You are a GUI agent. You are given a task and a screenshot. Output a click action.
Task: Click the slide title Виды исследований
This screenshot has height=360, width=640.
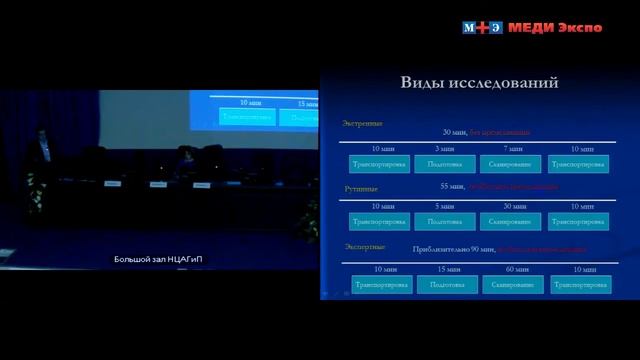pos(479,83)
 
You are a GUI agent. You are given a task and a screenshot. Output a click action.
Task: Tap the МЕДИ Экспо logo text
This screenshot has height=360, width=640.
pos(554,27)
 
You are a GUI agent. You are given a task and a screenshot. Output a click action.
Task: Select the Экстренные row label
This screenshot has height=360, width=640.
pos(362,124)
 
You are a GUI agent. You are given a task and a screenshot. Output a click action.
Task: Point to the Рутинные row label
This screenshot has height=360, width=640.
pos(360,186)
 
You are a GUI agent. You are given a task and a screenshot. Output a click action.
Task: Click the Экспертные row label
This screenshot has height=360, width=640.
pos(363,244)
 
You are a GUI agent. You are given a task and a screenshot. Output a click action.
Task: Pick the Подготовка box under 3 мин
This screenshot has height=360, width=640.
pos(445,162)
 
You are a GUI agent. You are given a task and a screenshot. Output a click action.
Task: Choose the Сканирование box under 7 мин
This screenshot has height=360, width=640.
pos(511,162)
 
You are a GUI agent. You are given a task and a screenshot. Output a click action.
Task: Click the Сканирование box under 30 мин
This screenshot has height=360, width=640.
pos(511,221)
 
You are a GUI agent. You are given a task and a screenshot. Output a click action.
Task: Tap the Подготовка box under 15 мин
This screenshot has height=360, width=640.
pos(445,285)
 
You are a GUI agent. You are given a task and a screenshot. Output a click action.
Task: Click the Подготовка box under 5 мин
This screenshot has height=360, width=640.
pos(445,221)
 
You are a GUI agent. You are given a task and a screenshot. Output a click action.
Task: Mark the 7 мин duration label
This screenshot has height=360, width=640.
pos(511,148)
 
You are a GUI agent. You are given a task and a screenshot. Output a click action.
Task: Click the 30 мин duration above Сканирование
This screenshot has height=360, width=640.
pos(511,206)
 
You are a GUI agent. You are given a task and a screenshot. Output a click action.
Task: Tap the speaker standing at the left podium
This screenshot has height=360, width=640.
pos(39,145)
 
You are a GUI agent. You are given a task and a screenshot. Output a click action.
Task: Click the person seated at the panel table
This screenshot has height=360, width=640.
pos(186,158)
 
